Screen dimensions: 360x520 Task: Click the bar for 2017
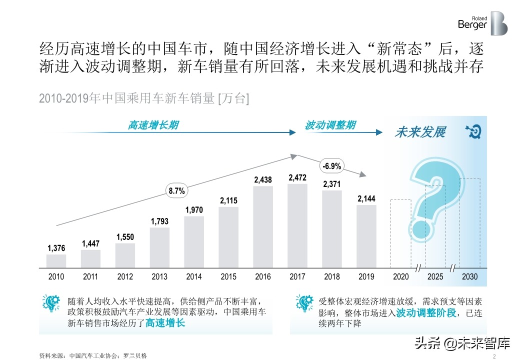pos(297,225)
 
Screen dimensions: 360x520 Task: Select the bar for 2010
pos(56,261)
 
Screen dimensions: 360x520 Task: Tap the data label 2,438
pos(263,179)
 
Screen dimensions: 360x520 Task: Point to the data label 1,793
pos(159,220)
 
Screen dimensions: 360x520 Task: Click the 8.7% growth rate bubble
pos(176,190)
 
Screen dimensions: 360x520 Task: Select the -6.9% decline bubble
pos(331,166)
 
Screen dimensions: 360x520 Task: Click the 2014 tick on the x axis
pos(194,276)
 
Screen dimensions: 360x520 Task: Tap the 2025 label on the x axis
pos(435,276)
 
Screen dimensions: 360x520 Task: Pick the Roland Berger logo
pos(482,23)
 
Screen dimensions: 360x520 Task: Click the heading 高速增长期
pos(153,125)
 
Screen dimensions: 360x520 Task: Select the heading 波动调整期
pos(330,125)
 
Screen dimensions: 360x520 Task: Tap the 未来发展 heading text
pos(419,132)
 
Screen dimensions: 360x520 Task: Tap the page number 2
pos(493,356)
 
